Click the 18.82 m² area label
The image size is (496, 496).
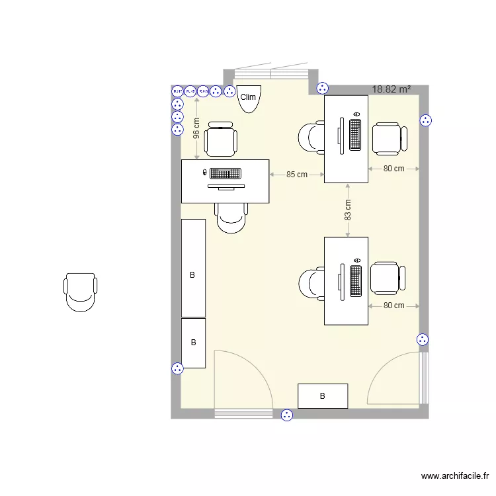coord(392,89)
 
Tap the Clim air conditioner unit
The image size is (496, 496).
coord(249,98)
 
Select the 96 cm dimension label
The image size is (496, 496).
coord(196,128)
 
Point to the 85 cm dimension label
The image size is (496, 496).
coord(297,175)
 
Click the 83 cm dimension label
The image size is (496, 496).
coord(348,210)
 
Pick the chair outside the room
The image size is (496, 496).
coord(81,292)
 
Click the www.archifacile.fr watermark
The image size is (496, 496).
coord(456,475)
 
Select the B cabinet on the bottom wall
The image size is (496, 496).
coord(323,396)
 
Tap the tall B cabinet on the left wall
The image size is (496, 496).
coord(193,268)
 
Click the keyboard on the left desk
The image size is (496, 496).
coord(225,174)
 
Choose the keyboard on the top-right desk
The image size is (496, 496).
coord(356,135)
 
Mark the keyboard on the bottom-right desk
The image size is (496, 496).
coord(356,280)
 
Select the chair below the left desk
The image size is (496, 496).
coord(231,218)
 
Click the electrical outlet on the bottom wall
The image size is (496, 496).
coord(287,415)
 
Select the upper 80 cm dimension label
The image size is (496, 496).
coord(393,169)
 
